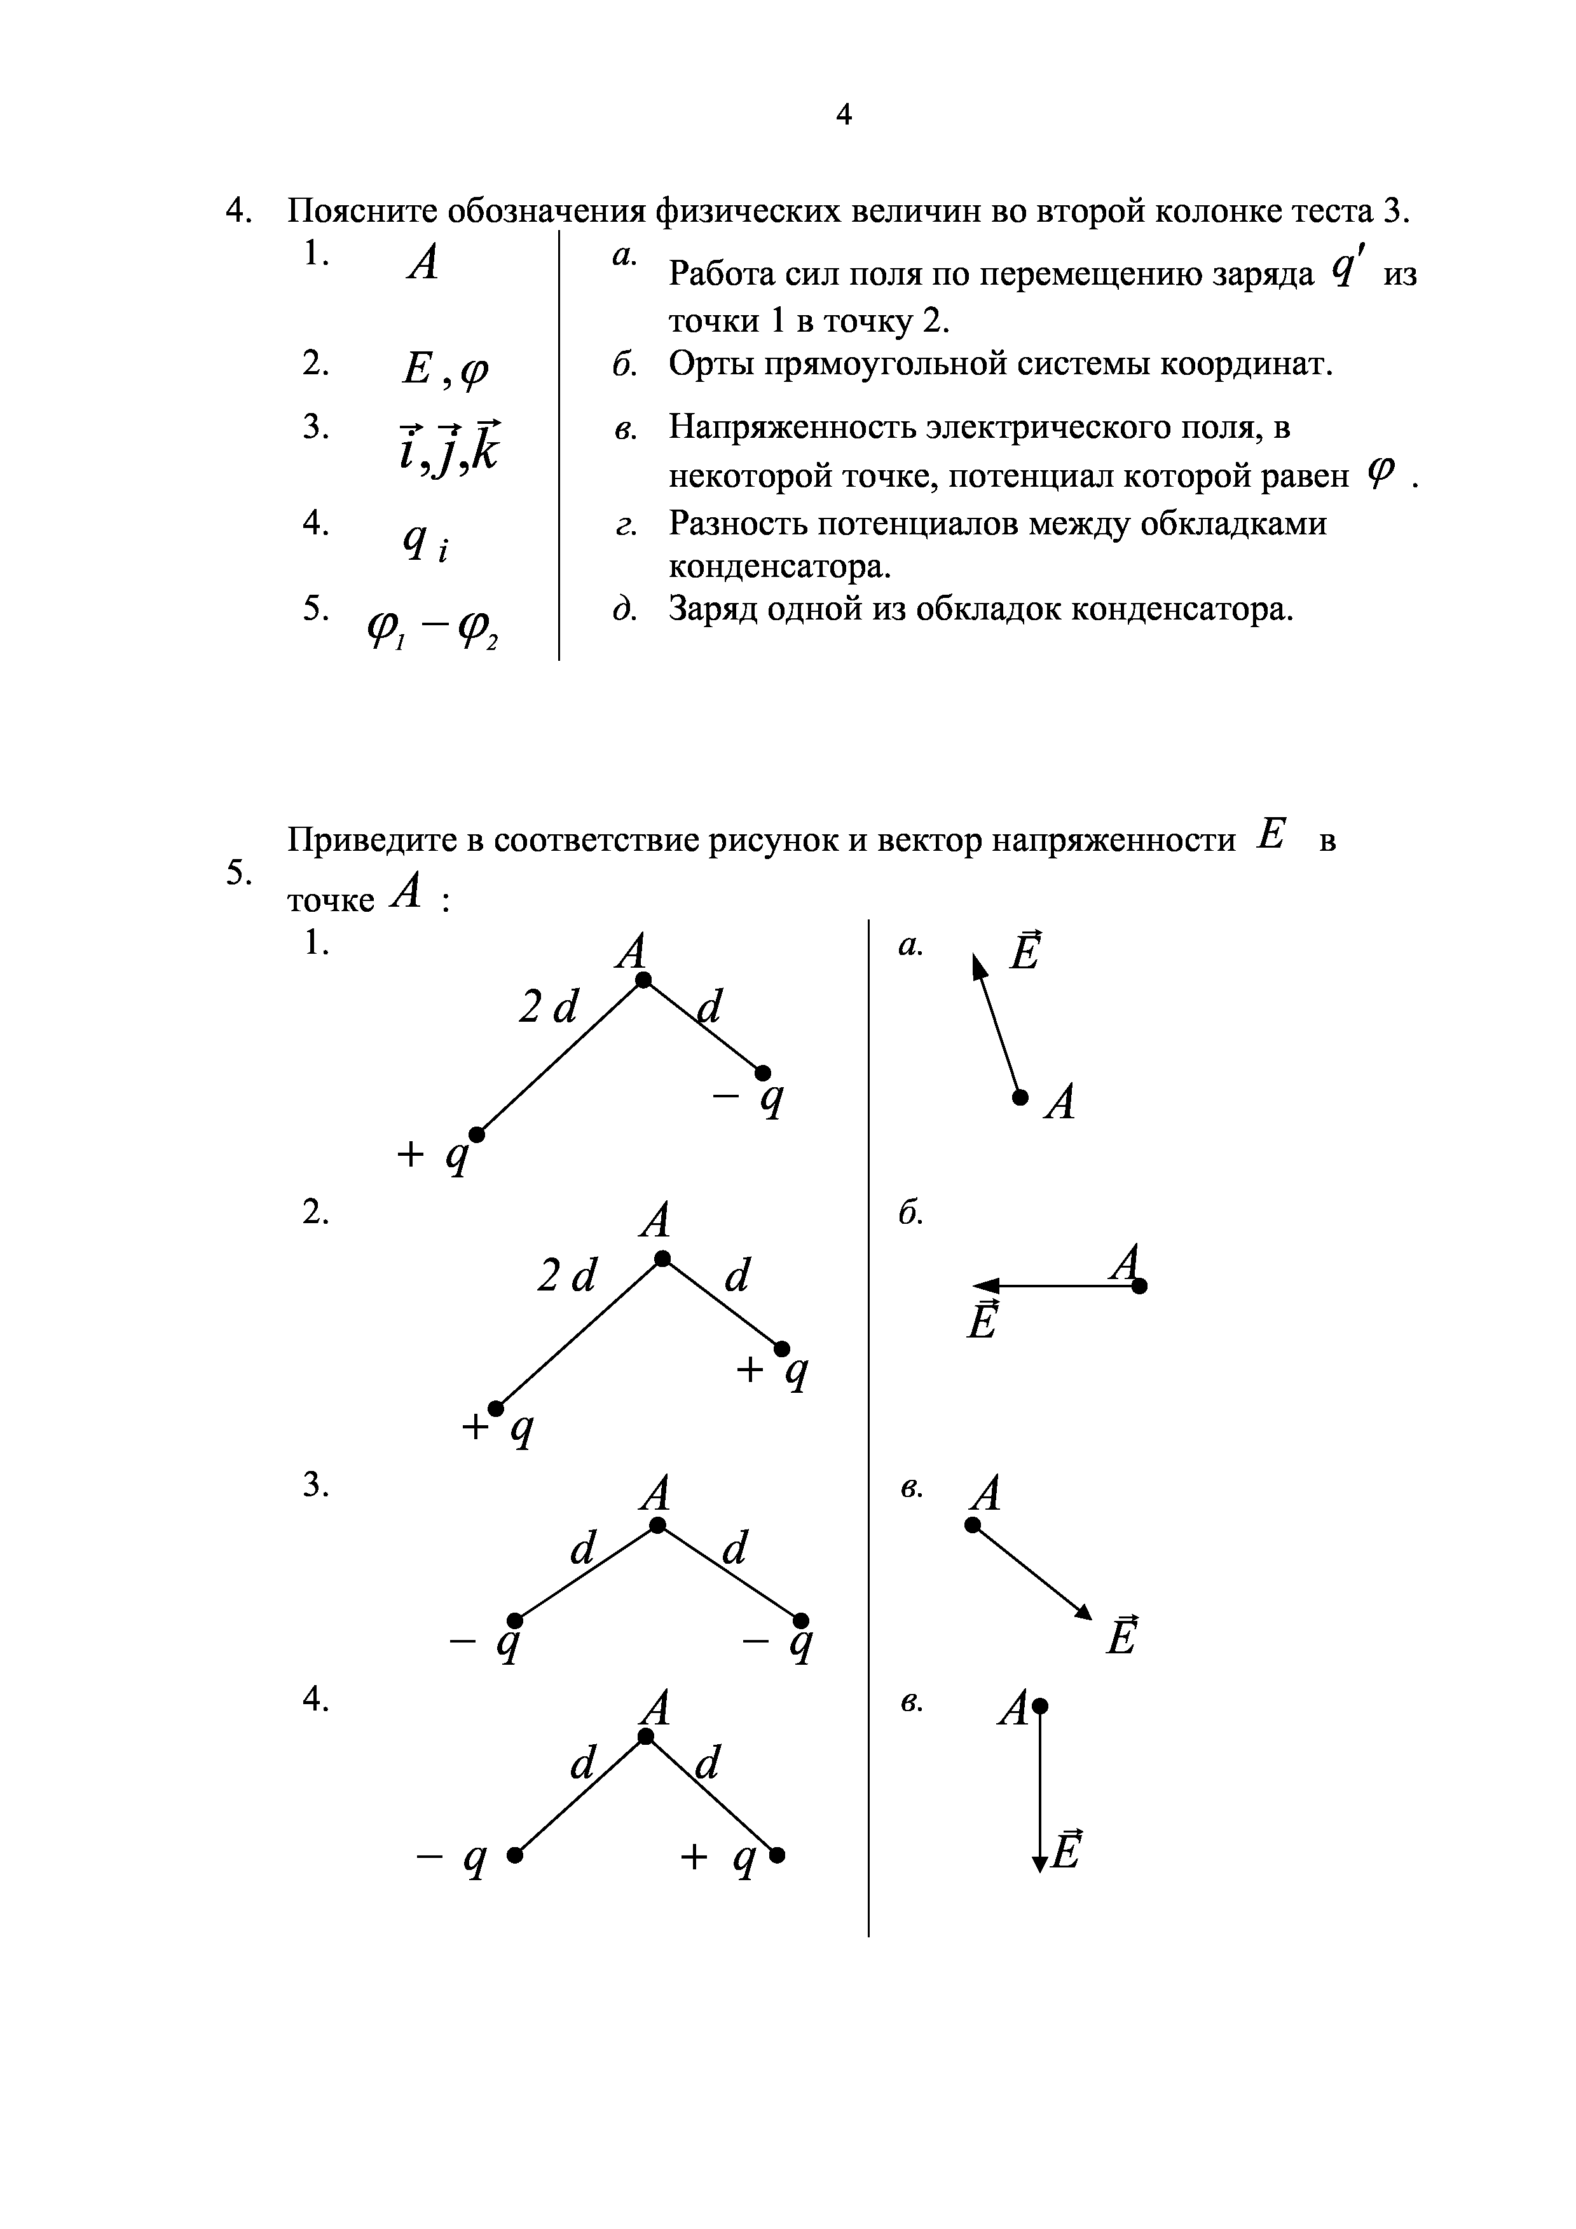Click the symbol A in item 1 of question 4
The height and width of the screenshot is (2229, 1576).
click(x=422, y=262)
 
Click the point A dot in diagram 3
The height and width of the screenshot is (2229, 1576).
click(x=657, y=1525)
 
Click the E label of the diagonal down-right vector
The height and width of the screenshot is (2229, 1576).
click(x=1121, y=1636)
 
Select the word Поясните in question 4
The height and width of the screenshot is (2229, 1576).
click(x=365, y=212)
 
